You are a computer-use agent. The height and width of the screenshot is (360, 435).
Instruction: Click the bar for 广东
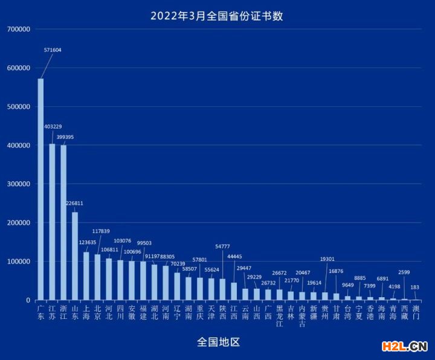click(x=40, y=189)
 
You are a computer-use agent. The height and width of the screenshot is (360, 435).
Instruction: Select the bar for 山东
click(x=75, y=256)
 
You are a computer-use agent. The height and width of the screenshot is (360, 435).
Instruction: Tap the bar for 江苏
click(x=52, y=222)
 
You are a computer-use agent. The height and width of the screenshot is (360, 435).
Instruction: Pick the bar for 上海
click(x=86, y=276)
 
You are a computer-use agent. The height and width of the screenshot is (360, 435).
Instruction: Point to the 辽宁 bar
click(x=177, y=286)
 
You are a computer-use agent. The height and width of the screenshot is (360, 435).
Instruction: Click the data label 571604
click(x=53, y=50)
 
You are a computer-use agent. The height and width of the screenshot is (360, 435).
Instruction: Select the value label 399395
click(x=65, y=137)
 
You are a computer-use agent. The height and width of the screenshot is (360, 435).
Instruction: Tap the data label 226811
click(x=74, y=203)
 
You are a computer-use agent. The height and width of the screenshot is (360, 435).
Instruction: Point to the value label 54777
click(x=222, y=246)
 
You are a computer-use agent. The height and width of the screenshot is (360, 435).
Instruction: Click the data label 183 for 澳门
click(x=414, y=288)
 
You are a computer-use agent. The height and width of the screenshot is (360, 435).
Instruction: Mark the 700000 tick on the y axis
click(x=19, y=29)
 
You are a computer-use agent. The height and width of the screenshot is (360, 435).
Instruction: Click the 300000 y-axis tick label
click(x=19, y=184)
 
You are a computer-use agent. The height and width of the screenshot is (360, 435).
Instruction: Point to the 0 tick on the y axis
click(x=28, y=300)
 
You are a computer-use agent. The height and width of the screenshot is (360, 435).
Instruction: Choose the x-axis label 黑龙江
click(x=279, y=316)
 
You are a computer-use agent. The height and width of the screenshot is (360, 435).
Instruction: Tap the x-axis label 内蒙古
click(x=302, y=316)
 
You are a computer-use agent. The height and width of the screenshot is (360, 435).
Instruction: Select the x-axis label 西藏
click(x=404, y=312)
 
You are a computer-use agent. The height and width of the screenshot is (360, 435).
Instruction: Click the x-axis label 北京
click(x=97, y=312)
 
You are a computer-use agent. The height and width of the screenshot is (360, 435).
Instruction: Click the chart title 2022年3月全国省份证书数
click(x=217, y=16)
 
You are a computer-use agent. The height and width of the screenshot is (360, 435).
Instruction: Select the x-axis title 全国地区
click(x=218, y=342)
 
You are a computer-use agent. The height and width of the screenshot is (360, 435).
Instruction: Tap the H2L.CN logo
click(x=405, y=347)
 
